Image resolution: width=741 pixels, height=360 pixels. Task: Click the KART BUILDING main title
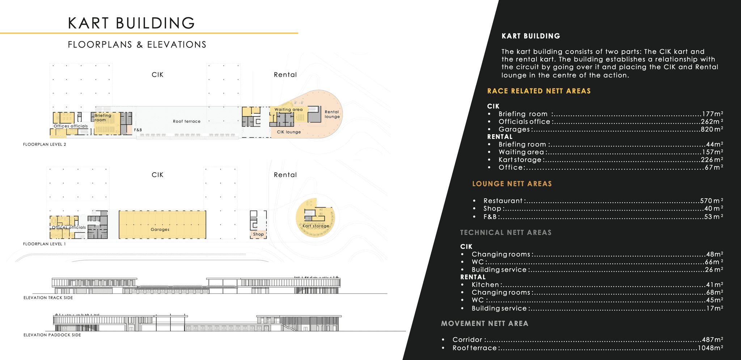[131, 23]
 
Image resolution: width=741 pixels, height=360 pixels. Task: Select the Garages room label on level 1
[160, 229]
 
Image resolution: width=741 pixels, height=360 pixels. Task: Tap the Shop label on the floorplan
[258, 234]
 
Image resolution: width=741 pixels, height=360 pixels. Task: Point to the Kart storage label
[316, 226]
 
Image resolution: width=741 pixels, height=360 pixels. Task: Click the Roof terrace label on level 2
[186, 121]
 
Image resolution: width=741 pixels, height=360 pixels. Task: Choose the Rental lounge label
[332, 114]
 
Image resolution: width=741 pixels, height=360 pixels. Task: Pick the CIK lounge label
[289, 132]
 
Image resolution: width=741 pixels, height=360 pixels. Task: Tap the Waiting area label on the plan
[288, 109]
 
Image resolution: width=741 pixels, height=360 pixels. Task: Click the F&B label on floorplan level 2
[138, 130]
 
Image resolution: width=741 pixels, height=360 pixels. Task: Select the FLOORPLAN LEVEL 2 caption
[45, 144]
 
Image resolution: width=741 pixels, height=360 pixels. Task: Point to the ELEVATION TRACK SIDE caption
[48, 298]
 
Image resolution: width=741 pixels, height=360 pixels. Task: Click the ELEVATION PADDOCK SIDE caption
[52, 335]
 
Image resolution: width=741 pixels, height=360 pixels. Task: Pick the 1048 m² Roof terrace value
[710, 348]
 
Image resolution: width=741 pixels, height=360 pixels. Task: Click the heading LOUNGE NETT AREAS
[512, 184]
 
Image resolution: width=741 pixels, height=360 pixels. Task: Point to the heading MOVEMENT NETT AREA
[484, 323]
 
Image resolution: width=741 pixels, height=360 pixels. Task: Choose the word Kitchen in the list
[485, 285]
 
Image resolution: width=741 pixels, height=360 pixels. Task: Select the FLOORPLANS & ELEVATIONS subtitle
[137, 45]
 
